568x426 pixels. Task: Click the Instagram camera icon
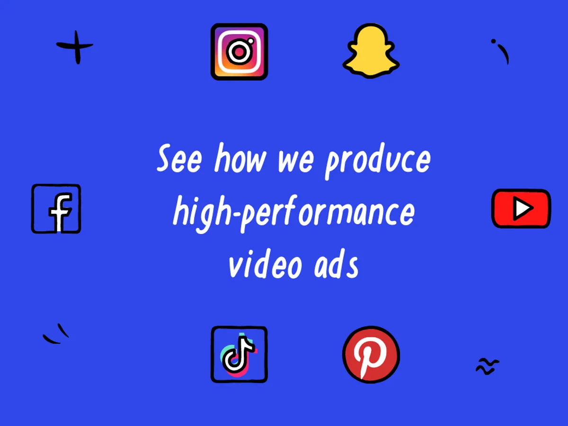(x=239, y=51)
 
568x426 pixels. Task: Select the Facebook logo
(x=56, y=208)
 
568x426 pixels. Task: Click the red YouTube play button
(x=521, y=208)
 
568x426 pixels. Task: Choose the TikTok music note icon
(x=239, y=354)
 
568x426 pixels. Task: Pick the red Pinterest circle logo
(x=371, y=354)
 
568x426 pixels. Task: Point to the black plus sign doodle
(x=75, y=46)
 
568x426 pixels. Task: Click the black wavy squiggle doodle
(x=487, y=366)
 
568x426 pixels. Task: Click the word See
(x=179, y=160)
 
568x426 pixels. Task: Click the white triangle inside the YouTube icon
(x=522, y=208)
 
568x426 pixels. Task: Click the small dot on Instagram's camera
(x=251, y=40)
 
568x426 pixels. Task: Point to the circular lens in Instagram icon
(x=237, y=52)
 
